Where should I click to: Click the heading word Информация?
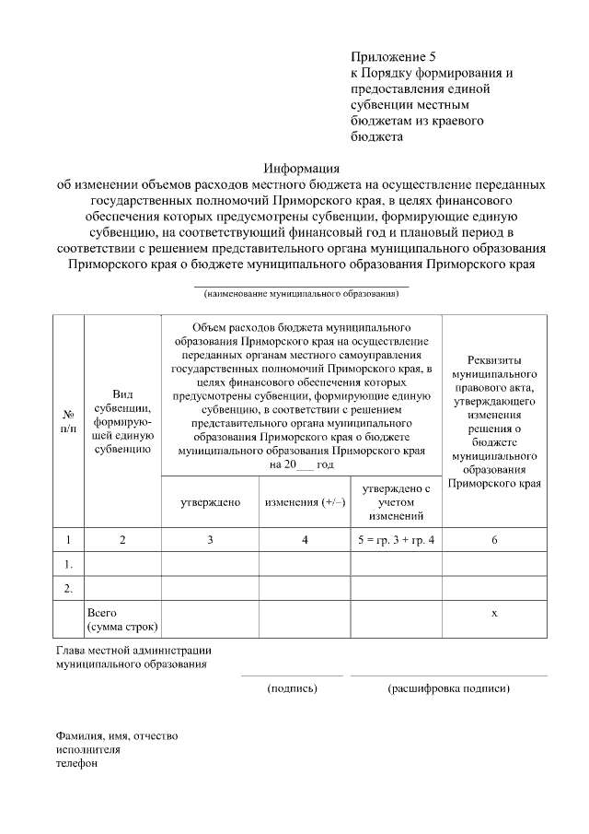(302, 169)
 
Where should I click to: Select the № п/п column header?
(68, 422)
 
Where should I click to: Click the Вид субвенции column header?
(122, 422)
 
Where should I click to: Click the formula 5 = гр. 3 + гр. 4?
(397, 539)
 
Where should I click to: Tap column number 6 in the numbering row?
(494, 539)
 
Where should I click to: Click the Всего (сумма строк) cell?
(122, 619)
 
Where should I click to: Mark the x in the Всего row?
(494, 612)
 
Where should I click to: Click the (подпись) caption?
(292, 687)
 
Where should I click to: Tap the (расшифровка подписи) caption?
(449, 687)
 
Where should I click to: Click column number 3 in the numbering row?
(210, 539)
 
